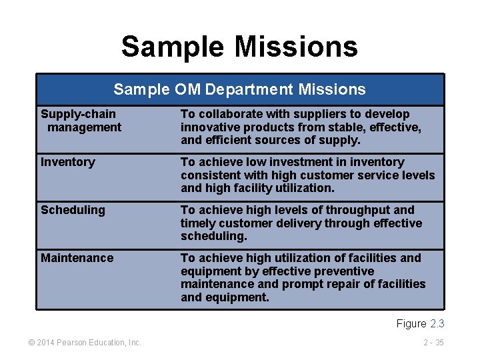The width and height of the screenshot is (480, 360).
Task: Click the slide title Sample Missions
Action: (239, 47)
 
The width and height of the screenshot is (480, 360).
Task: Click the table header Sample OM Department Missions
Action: (239, 89)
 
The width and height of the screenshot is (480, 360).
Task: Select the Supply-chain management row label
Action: (80, 121)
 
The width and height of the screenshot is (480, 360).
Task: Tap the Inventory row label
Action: (67, 162)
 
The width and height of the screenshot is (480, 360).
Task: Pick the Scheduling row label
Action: (73, 210)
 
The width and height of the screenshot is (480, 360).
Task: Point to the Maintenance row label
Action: (77, 258)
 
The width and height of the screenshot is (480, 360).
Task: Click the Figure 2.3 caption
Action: (420, 323)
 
